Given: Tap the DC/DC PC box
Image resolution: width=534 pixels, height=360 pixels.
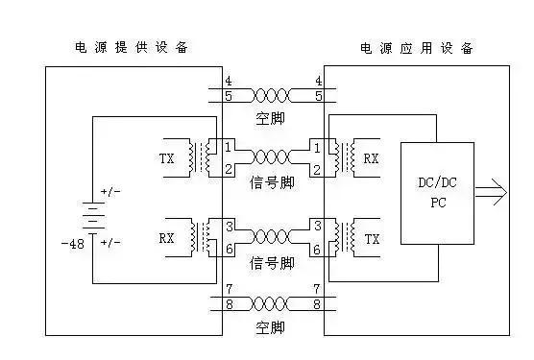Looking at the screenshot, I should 437,192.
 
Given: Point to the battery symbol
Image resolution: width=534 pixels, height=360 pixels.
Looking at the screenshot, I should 92,217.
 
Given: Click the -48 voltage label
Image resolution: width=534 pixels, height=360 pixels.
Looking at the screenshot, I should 72,244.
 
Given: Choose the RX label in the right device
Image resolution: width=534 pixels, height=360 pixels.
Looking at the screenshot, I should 371,155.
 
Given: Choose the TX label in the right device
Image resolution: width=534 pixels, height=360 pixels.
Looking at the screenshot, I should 371,242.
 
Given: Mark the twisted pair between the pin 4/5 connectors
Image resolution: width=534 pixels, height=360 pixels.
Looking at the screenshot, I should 273,95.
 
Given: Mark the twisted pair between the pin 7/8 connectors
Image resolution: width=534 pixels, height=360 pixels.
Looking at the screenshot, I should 273,304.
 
